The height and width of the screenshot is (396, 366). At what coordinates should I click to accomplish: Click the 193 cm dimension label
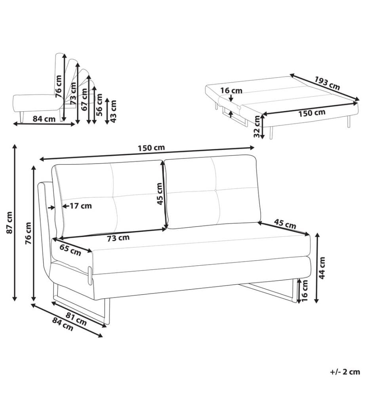click(327, 83)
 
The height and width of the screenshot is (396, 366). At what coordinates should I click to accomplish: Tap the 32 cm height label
click(257, 126)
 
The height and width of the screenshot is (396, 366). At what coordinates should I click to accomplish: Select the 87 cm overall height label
click(9, 222)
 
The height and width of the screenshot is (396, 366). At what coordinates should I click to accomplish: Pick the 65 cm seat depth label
click(71, 250)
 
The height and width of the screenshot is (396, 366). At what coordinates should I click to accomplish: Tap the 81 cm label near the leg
click(76, 319)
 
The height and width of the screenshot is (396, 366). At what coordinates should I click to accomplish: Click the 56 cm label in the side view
click(99, 105)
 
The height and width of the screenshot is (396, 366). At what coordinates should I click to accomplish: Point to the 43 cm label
click(113, 111)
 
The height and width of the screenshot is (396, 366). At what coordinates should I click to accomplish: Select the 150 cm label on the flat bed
click(312, 113)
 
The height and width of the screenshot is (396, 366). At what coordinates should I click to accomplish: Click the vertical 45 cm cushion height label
click(160, 194)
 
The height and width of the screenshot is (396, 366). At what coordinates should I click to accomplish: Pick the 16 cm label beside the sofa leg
click(305, 290)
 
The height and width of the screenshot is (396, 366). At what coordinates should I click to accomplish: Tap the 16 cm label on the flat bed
click(231, 90)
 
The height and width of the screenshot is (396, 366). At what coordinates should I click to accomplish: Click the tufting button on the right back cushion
click(216, 189)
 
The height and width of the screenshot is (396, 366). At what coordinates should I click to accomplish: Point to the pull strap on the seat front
click(90, 275)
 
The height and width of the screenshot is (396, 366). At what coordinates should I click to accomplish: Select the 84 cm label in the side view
click(44, 119)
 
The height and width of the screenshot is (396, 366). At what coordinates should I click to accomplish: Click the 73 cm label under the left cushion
click(118, 238)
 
